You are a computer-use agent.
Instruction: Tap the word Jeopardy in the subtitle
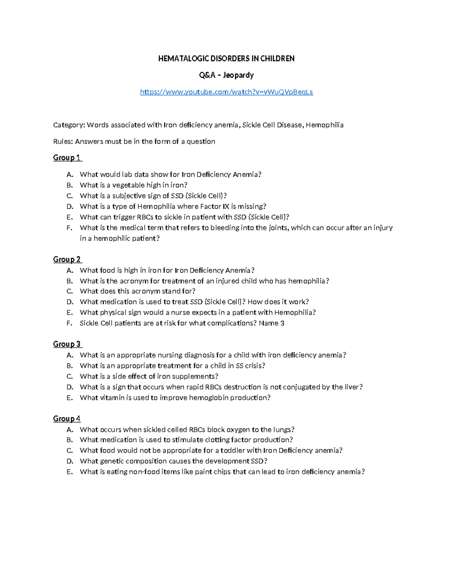click(238, 75)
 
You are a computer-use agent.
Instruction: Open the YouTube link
click(226, 92)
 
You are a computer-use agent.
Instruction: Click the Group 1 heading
click(67, 158)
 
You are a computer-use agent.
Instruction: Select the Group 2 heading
click(67, 259)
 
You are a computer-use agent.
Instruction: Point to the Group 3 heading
click(67, 344)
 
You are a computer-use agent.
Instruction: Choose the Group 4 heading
click(67, 418)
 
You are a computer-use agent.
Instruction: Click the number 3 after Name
click(282, 323)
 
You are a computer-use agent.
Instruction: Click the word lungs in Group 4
click(283, 429)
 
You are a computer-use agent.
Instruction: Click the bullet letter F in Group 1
click(69, 228)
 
